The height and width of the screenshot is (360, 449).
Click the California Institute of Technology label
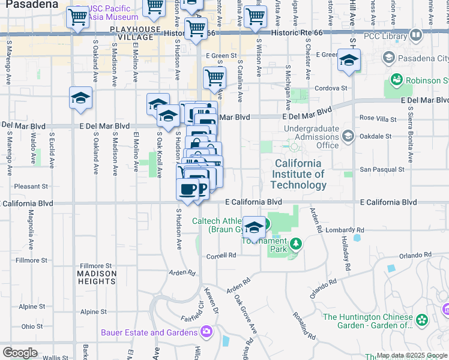[x=298, y=174]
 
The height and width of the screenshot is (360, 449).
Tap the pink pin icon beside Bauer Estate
[x=206, y=331]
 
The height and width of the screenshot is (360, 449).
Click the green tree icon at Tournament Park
[x=295, y=244]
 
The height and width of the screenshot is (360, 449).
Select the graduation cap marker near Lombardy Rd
[x=255, y=228]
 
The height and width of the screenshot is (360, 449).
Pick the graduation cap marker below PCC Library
[x=349, y=61]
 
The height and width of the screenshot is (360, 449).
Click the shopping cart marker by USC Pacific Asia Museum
[x=77, y=18]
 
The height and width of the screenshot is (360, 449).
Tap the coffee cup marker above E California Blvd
[x=187, y=190]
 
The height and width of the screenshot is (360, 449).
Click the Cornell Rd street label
[x=221, y=255]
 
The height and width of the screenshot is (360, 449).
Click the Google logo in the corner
[x=20, y=353]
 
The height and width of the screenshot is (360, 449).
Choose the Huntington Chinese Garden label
[x=368, y=321]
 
